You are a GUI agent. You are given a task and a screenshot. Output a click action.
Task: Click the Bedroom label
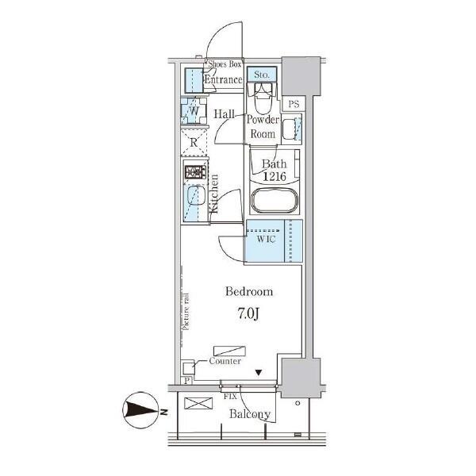249,292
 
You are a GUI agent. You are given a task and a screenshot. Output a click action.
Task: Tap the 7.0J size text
248,314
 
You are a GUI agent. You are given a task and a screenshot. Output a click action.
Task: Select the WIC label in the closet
266,240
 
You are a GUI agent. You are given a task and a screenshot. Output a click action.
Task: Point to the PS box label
294,104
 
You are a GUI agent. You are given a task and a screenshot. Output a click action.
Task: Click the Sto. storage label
262,75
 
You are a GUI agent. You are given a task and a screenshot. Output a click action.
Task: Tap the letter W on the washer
194,111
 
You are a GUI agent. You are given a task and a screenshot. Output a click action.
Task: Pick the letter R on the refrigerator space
194,142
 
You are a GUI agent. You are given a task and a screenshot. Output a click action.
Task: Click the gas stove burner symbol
195,172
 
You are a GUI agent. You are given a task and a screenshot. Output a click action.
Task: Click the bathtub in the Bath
274,200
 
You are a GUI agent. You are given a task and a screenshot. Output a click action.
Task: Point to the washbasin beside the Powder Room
290,129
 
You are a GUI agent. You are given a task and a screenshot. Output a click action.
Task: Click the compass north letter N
164,413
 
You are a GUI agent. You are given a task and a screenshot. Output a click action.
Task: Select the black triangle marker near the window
259,373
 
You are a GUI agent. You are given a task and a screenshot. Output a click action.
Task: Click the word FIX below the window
230,397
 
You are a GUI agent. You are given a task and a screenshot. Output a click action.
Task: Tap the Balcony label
250,414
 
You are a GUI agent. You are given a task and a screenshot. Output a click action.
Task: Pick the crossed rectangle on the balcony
198,404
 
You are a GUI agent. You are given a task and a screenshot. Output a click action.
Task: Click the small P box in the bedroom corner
187,381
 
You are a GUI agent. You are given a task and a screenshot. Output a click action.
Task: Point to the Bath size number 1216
274,177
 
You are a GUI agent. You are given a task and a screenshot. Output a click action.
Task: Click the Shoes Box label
225,64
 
